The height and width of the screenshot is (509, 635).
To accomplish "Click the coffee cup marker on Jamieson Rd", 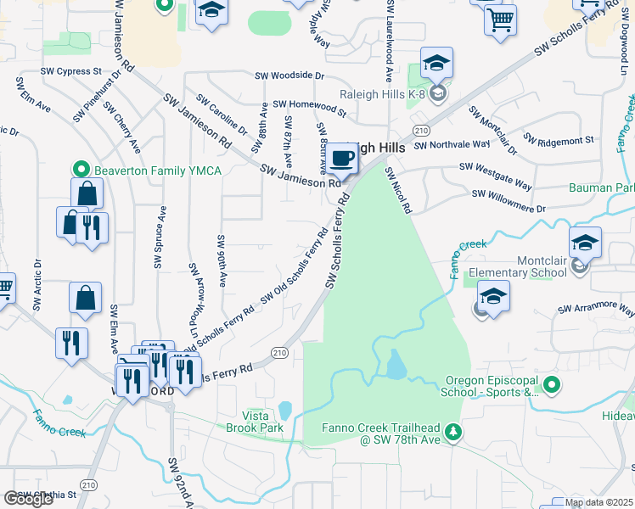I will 344,158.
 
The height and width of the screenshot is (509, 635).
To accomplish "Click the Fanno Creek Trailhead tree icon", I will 454,433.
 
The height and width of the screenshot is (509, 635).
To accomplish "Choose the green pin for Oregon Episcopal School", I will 552,386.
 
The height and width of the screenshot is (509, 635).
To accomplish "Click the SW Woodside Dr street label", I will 290,76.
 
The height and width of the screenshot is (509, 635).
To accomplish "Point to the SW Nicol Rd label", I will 399,189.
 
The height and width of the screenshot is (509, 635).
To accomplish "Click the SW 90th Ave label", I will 222,260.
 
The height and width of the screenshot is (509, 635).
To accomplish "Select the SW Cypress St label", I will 76,71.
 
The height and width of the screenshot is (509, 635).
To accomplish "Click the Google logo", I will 28,499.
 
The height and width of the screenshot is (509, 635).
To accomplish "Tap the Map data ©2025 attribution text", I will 598,502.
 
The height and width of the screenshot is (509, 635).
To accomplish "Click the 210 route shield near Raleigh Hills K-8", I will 421,129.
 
